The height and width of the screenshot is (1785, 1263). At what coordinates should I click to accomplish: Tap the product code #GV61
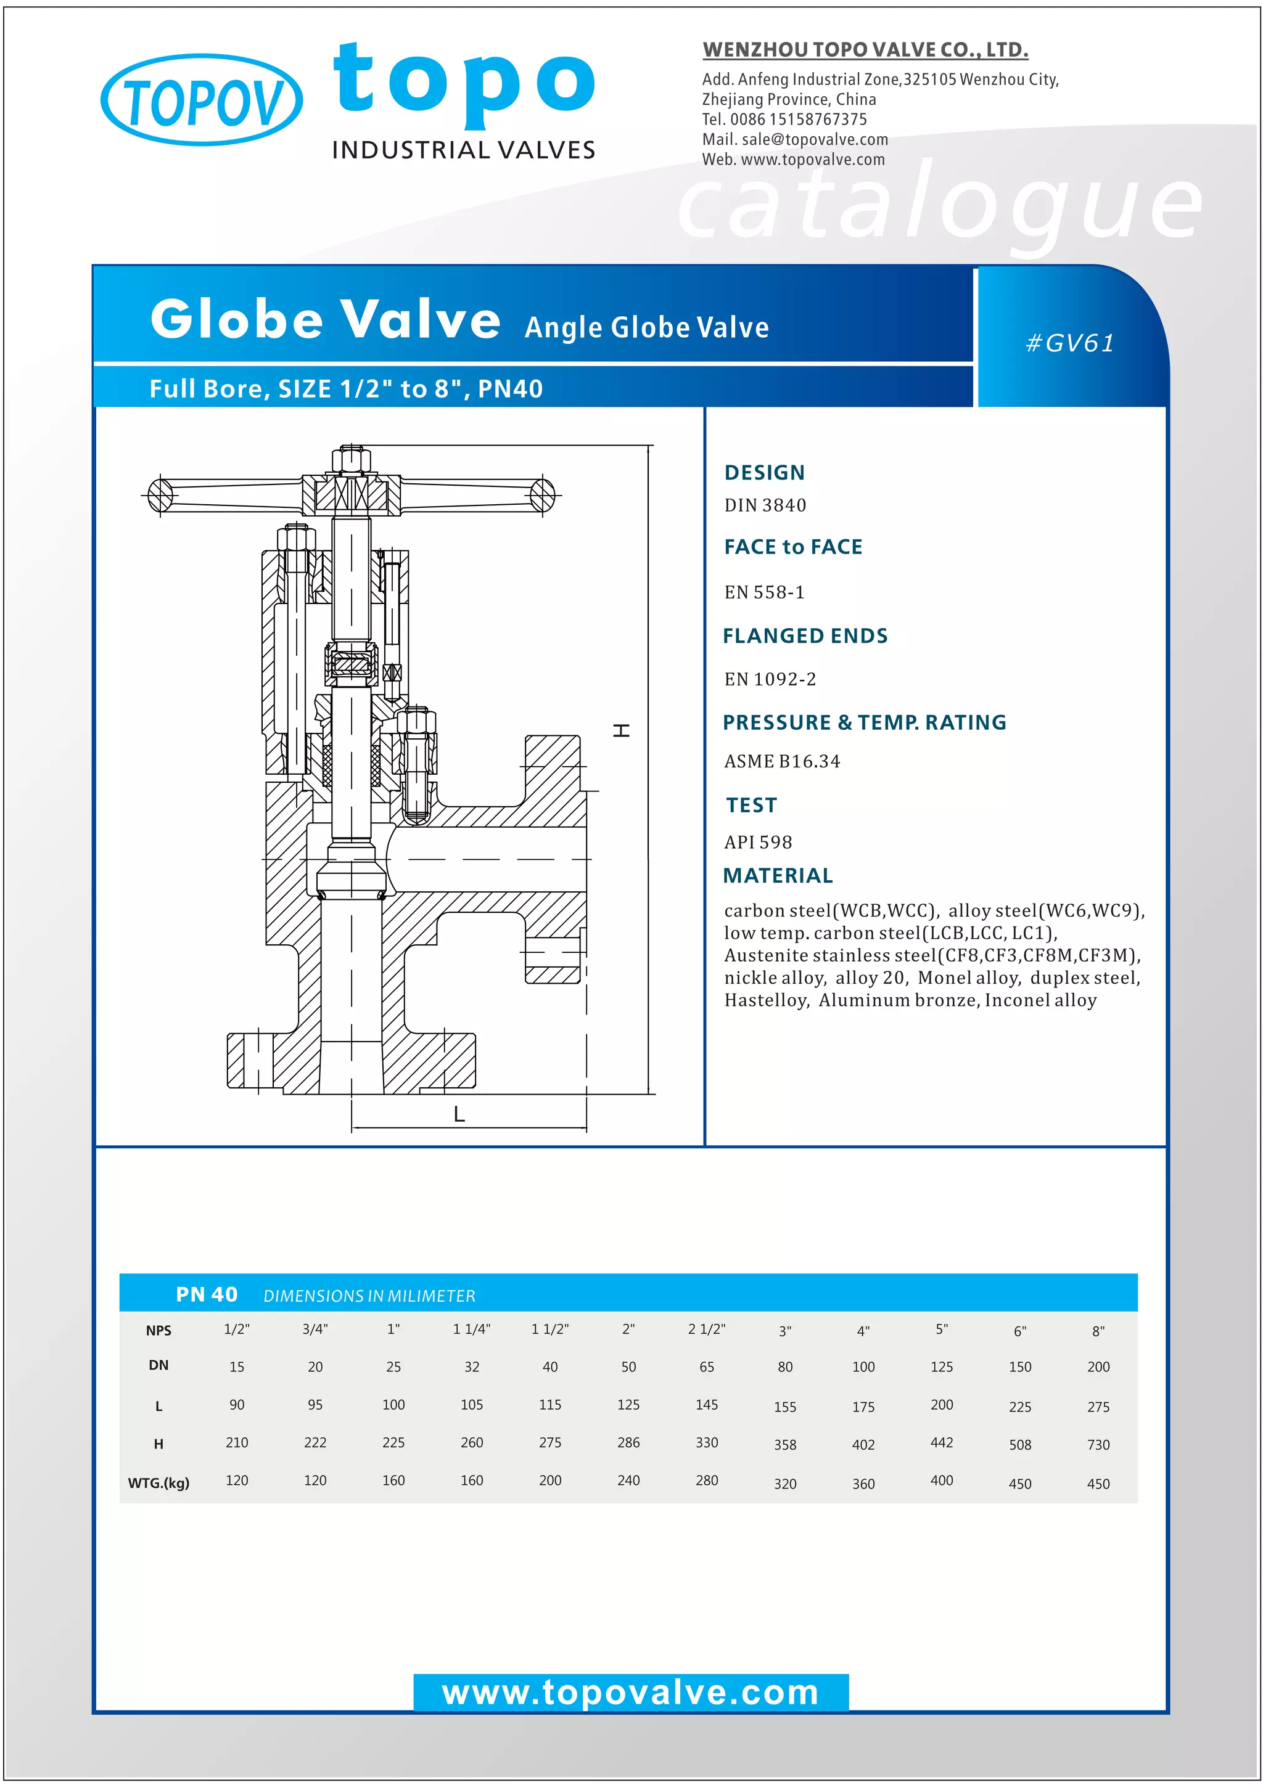1070,343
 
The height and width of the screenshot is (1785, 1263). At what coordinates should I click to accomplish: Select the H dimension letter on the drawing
622,730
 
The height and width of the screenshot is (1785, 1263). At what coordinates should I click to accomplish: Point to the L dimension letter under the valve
459,1114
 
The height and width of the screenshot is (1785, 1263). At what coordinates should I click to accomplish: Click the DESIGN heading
765,473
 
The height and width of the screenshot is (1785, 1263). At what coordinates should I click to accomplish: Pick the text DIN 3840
765,505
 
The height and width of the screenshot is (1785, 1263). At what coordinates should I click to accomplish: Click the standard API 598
759,842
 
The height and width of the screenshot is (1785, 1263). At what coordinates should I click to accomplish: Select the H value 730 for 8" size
1098,1445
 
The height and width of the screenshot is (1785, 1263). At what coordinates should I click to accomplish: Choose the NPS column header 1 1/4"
471,1329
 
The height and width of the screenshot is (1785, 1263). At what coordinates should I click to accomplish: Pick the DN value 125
941,1366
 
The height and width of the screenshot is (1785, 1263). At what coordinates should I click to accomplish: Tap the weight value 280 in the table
706,1481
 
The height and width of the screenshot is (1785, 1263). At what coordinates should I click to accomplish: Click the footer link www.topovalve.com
631,1693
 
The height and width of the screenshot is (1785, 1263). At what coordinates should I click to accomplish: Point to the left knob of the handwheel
160,495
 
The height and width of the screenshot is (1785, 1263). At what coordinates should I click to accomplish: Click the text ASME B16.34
783,761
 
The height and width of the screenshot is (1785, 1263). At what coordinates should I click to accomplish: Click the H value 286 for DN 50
628,1443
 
